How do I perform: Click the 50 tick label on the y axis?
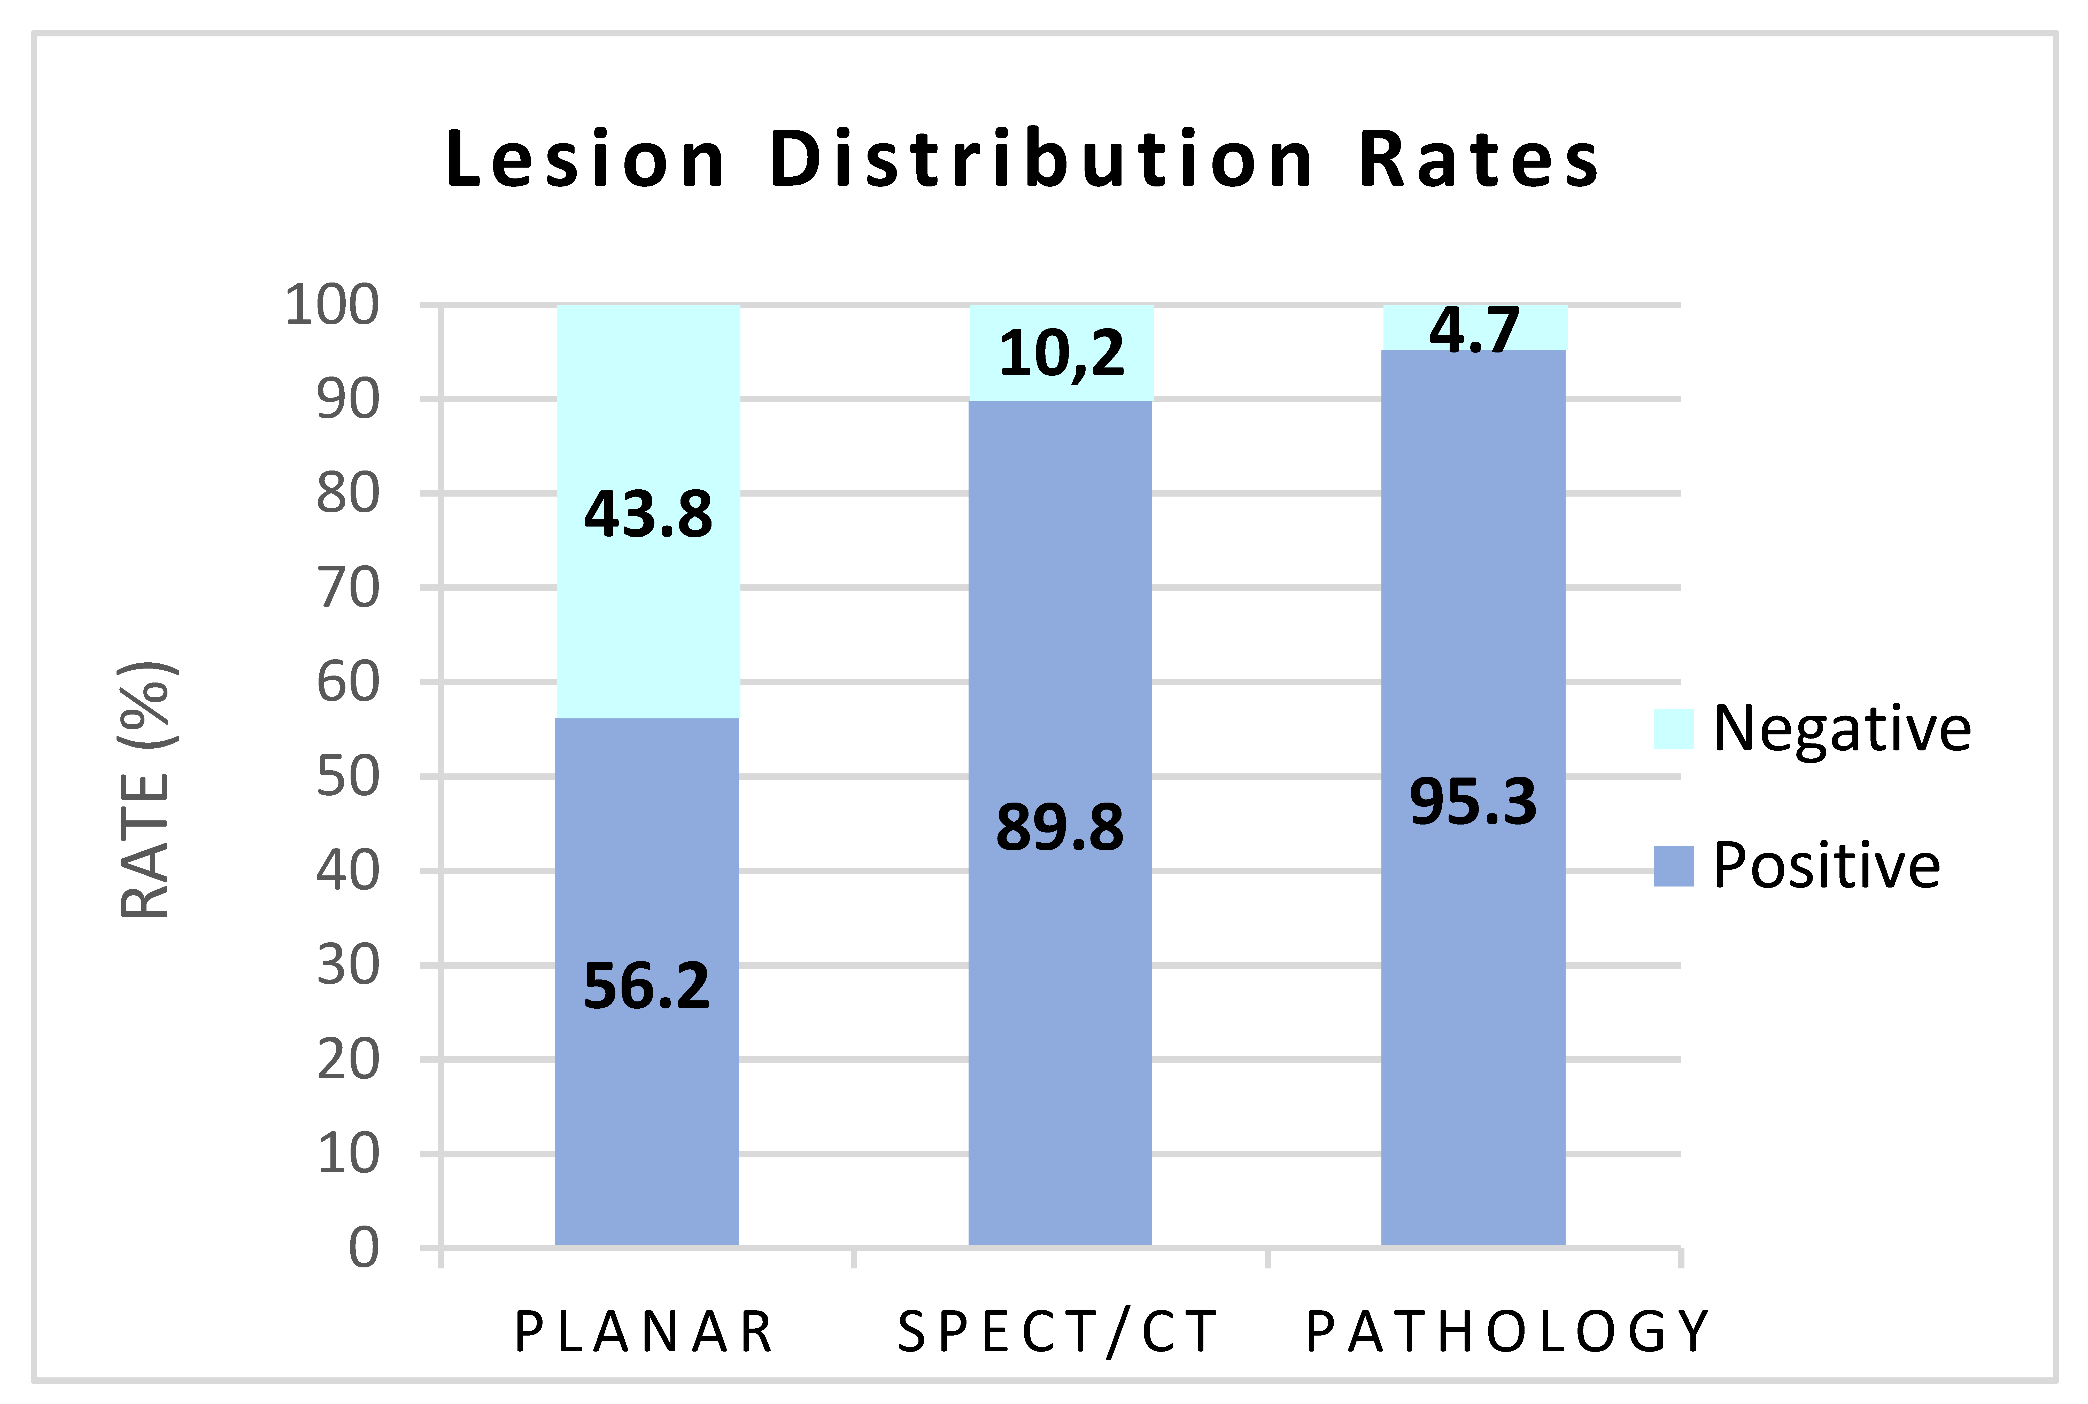(x=349, y=776)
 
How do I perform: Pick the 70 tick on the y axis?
(x=349, y=588)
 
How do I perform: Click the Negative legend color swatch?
(x=1673, y=729)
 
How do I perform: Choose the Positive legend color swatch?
(x=1673, y=866)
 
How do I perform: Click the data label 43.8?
(x=648, y=515)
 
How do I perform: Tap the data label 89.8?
(x=1060, y=827)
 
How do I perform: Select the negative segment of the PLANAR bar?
(x=648, y=511)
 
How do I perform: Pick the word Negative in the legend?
(x=1842, y=729)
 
